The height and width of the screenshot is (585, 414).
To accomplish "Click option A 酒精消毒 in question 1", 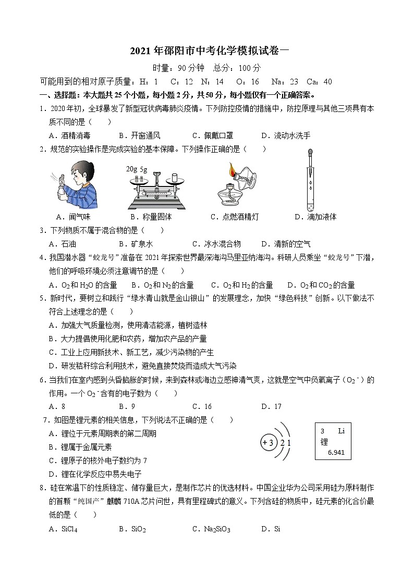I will pyautogui.click(x=69, y=136).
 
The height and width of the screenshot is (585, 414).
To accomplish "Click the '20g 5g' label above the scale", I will pyautogui.click(x=137, y=169).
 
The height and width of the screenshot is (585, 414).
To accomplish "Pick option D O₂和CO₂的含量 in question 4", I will pyautogui.click(x=321, y=285).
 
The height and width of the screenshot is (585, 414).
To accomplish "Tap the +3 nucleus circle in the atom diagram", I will pyautogui.click(x=268, y=443).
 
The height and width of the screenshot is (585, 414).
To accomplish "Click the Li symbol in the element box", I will pyautogui.click(x=341, y=431).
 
